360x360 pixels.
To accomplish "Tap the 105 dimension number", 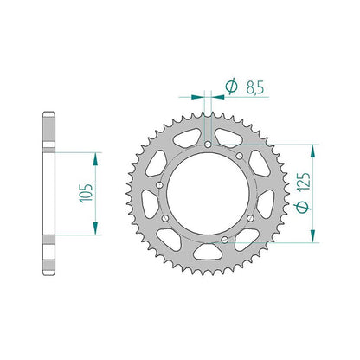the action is (x=87, y=193).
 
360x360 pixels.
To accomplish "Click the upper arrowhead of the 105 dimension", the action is (x=95, y=158).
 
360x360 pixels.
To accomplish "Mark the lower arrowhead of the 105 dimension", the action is (x=95, y=228).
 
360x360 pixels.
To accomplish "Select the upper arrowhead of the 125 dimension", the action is (x=312, y=151).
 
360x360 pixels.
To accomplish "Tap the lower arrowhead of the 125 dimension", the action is (x=312, y=236).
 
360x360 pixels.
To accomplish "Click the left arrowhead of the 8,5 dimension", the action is (x=198, y=97).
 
